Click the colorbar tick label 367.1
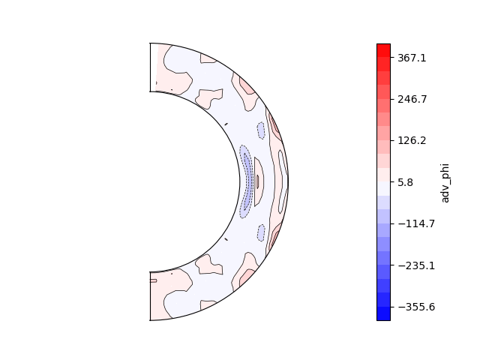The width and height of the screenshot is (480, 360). (412, 58)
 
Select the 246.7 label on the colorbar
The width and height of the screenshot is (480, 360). (412, 99)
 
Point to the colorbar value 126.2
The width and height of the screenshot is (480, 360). (412, 140)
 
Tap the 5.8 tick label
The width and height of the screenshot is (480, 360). (405, 182)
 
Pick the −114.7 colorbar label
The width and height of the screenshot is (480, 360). (416, 223)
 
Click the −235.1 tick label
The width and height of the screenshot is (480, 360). (416, 265)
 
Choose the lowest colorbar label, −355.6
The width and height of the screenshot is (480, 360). (416, 307)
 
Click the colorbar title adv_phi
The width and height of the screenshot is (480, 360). (445, 183)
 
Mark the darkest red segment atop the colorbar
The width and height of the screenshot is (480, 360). (383, 50)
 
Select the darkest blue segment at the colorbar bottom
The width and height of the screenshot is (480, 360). (383, 313)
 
